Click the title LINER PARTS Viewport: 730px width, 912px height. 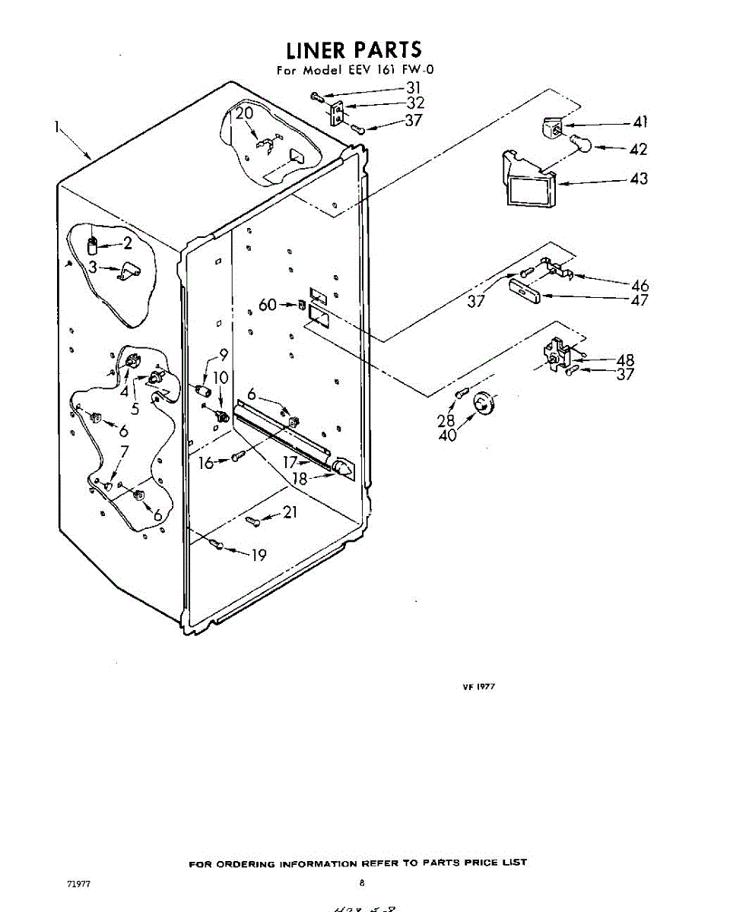coord(354,50)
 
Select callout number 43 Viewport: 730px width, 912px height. coord(639,179)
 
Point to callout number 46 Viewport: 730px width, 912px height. coord(640,286)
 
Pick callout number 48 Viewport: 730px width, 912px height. coord(625,359)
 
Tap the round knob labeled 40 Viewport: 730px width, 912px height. coord(482,404)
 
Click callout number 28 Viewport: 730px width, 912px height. coord(446,420)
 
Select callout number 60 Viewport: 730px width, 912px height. coord(268,305)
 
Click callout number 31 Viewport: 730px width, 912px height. coord(414,87)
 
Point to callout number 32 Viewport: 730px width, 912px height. coord(415,103)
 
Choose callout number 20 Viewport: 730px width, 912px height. coord(243,114)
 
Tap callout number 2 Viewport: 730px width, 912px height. coord(127,244)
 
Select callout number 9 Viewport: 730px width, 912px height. coord(224,353)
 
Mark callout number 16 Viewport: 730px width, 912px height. coord(206,462)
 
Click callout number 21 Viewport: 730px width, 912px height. coord(289,513)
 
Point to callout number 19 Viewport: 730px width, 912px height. coord(259,555)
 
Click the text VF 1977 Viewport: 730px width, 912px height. coord(479,686)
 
